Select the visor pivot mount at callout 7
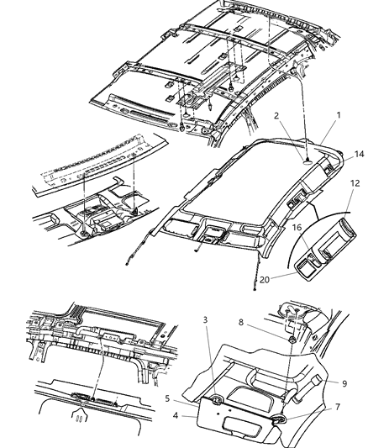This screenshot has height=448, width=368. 278,417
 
